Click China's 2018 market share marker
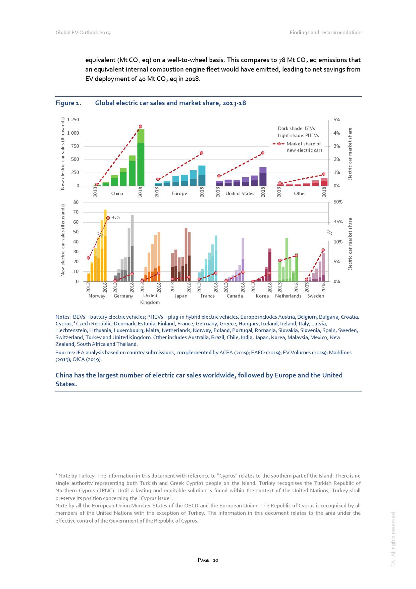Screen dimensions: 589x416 141,126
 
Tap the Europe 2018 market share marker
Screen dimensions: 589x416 202,153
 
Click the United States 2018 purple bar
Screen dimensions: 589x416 263,176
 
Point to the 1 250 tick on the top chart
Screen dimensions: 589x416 73,120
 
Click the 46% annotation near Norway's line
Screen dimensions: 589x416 116,218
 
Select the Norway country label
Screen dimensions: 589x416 97,296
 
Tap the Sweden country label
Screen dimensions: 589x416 316,296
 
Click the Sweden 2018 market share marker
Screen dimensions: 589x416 323,250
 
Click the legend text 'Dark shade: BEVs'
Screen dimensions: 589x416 296,128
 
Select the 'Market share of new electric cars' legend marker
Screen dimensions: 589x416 279,144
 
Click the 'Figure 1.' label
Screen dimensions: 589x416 68,103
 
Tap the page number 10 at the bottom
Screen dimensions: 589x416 215,560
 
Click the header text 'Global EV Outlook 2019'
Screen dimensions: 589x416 83,33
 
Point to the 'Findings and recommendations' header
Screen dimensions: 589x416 326,33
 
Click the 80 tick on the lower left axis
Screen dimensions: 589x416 76,202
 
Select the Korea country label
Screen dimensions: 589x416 262,296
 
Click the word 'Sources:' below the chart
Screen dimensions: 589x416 65,353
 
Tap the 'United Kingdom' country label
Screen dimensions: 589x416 150,299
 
